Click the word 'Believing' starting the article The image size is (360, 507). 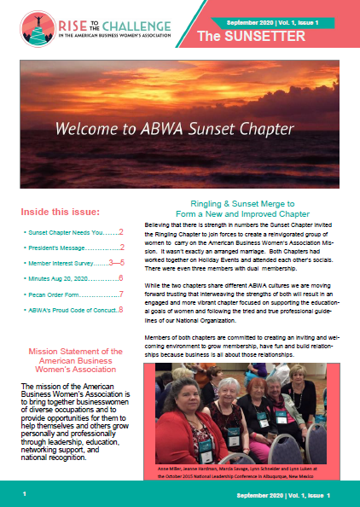click(x=160, y=224)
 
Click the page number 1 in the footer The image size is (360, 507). click(x=25, y=494)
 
